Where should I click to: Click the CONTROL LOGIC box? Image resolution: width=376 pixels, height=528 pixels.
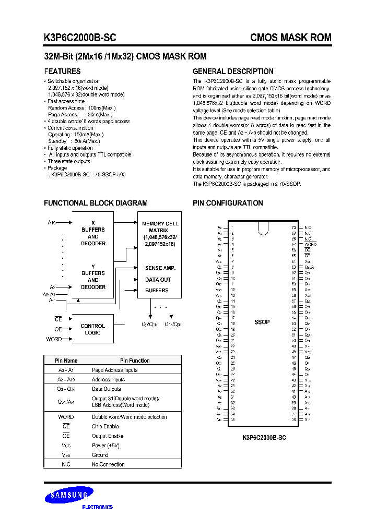(93, 329)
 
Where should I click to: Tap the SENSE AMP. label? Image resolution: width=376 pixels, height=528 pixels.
(160, 268)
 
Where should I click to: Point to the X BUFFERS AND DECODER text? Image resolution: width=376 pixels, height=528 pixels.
(93, 233)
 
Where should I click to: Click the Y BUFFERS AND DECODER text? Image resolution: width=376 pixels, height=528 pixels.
(93, 277)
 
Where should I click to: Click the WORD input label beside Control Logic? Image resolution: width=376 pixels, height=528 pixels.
(54, 339)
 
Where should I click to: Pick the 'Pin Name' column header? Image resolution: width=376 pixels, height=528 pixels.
(66, 361)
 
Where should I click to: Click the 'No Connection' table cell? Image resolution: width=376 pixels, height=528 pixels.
(108, 464)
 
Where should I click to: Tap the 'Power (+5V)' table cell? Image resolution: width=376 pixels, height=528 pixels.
(106, 446)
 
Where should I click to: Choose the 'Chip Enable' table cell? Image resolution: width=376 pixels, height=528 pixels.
(105, 426)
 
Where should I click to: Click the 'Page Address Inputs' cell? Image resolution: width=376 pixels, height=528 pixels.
(115, 370)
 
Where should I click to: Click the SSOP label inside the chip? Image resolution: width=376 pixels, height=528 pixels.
(262, 322)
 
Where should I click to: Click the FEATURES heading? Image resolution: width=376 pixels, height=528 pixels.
(62, 71)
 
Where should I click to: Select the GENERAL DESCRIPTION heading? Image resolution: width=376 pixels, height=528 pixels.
(233, 71)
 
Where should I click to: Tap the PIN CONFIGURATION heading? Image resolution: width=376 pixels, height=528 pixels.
(228, 203)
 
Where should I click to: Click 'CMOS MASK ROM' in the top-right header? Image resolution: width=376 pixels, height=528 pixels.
(290, 38)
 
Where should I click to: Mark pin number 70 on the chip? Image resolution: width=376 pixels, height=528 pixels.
(294, 227)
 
